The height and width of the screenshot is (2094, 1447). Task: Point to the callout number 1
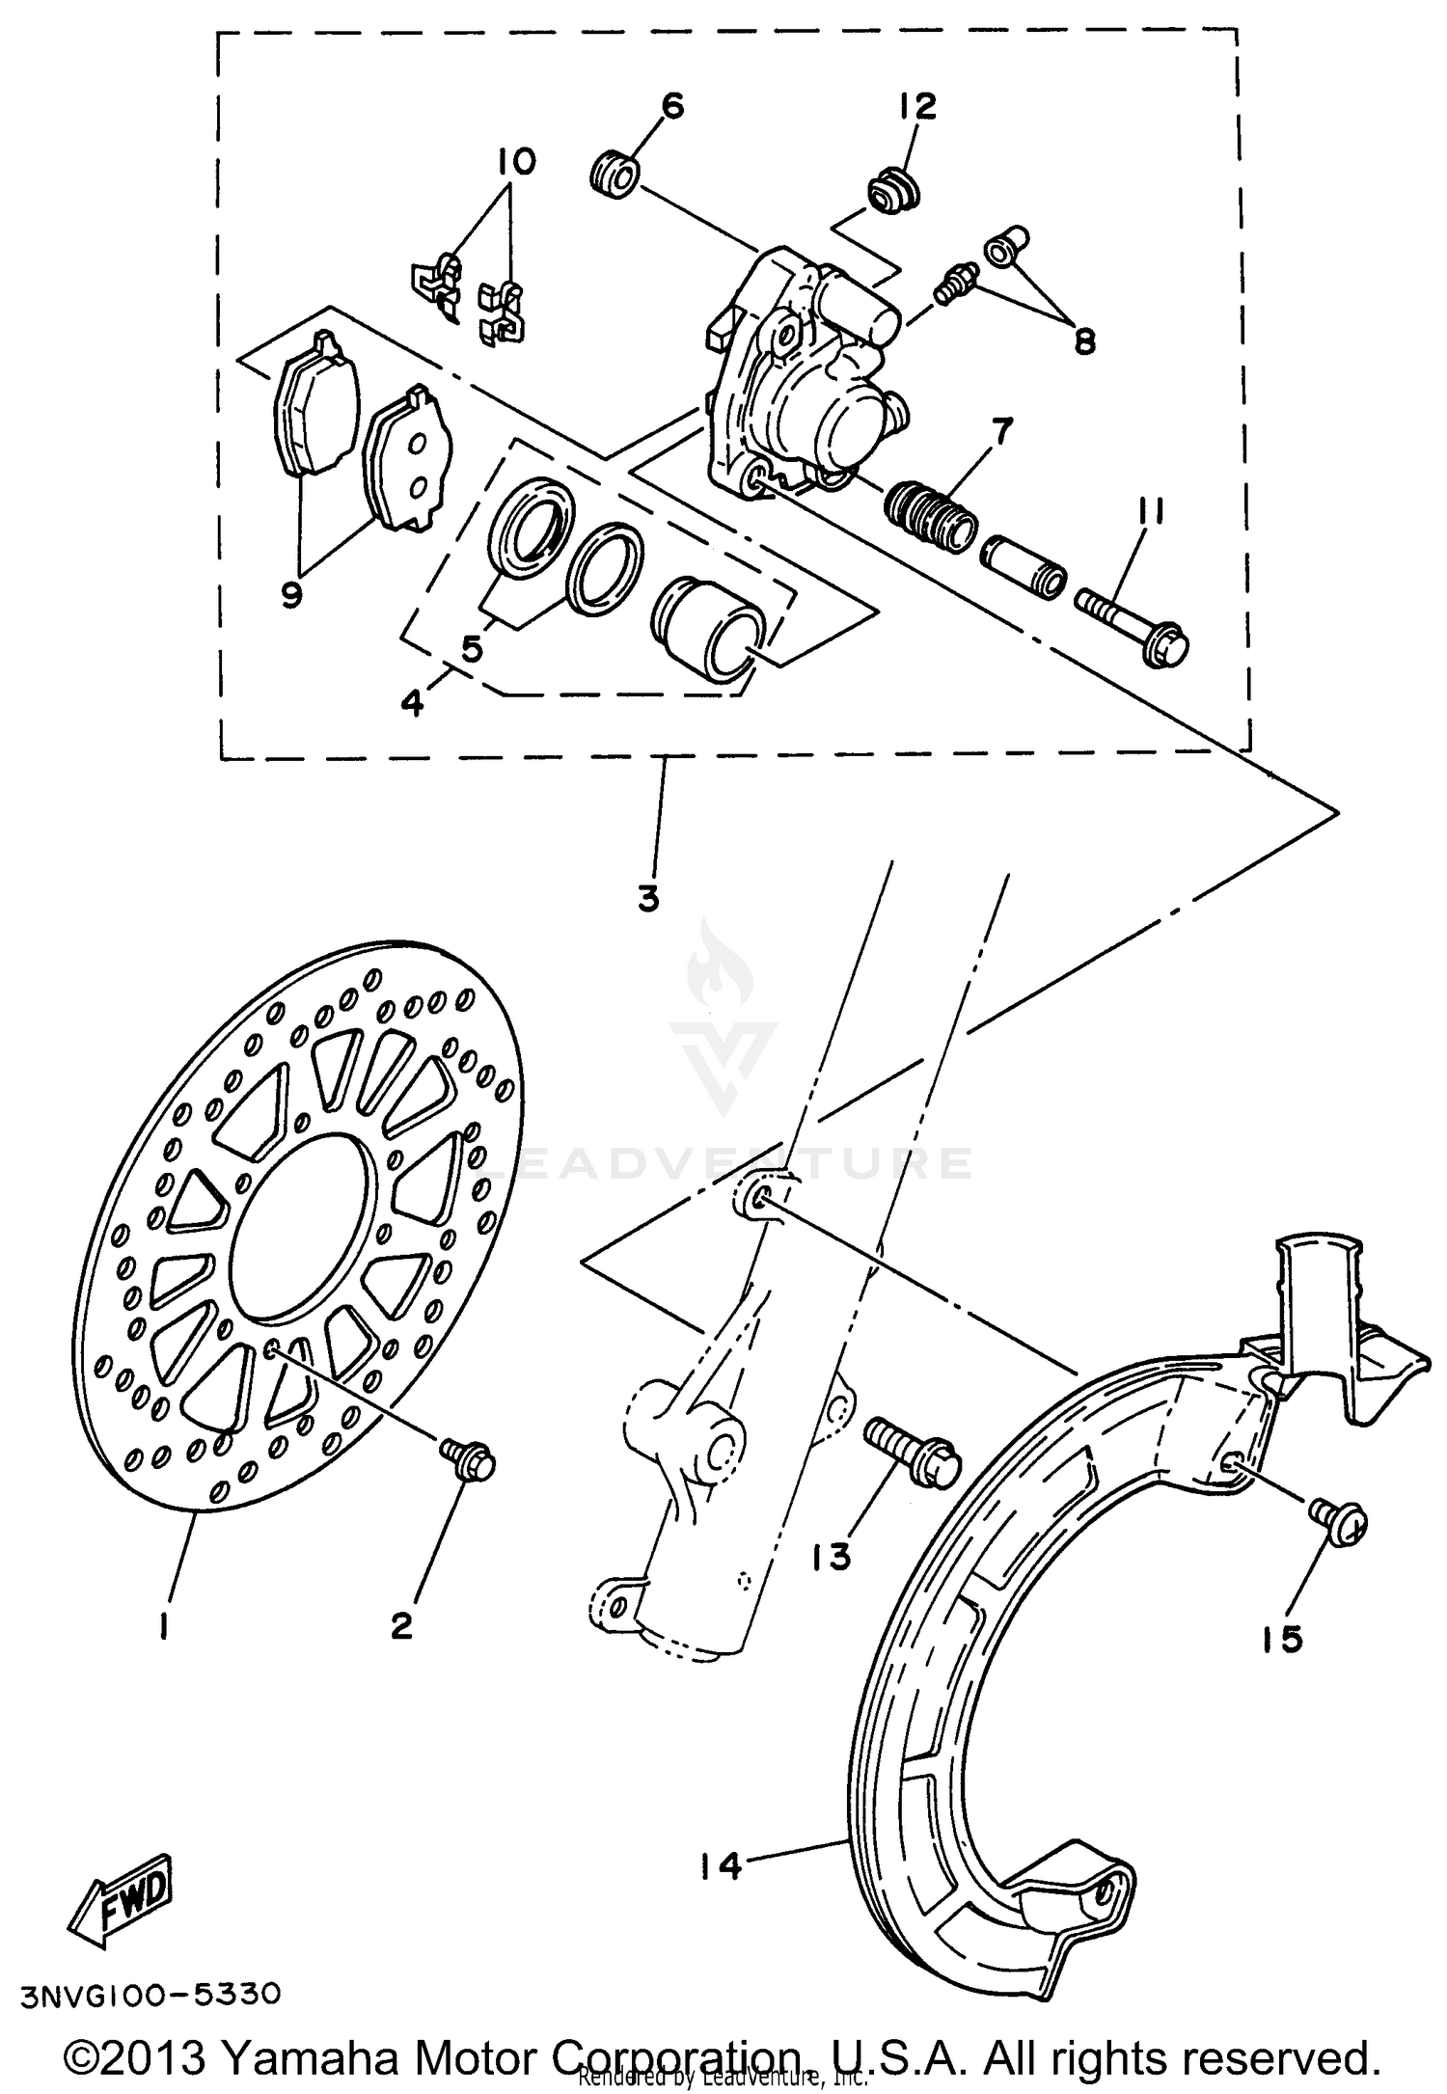pyautogui.click(x=164, y=1628)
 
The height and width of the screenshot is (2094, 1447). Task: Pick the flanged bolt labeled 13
pyautogui.click(x=912, y=1447)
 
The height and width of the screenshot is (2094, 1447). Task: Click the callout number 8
pyautogui.click(x=1084, y=340)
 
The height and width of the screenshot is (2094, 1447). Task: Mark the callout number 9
pyautogui.click(x=291, y=594)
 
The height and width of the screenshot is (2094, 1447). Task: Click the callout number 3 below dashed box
pyautogui.click(x=648, y=899)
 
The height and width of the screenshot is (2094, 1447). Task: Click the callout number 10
pyautogui.click(x=517, y=161)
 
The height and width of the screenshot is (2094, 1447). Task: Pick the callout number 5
pyautogui.click(x=471, y=649)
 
